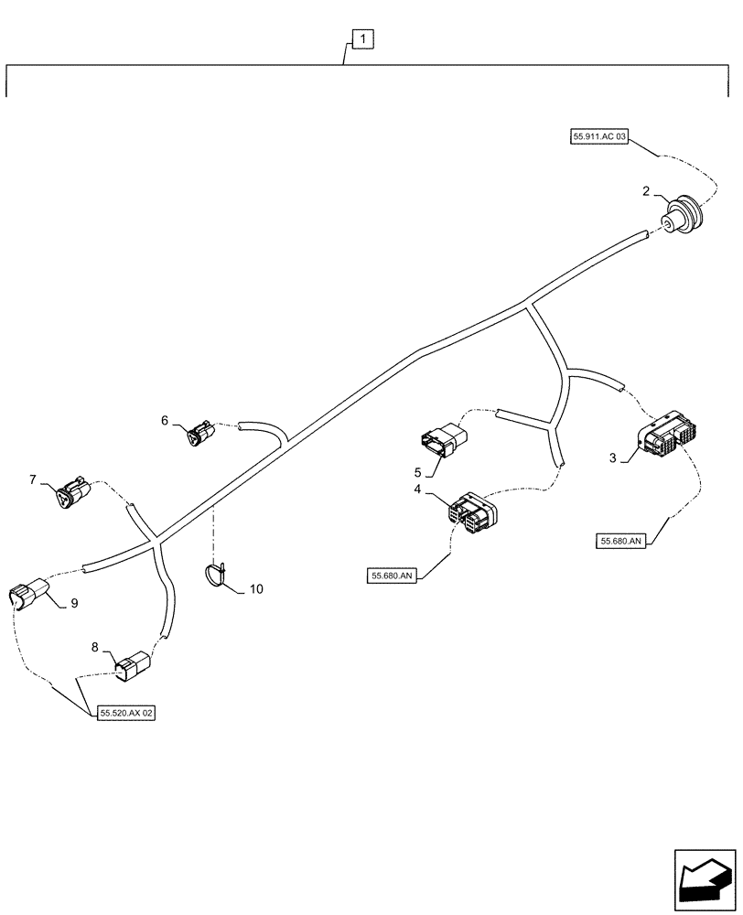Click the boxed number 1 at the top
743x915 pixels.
363,38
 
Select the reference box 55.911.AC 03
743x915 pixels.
600,136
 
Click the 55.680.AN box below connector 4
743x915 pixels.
393,576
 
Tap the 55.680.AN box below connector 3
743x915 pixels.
623,541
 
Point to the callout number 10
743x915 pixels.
255,589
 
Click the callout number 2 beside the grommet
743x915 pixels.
646,191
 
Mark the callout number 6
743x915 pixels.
165,420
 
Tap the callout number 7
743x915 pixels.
33,479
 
